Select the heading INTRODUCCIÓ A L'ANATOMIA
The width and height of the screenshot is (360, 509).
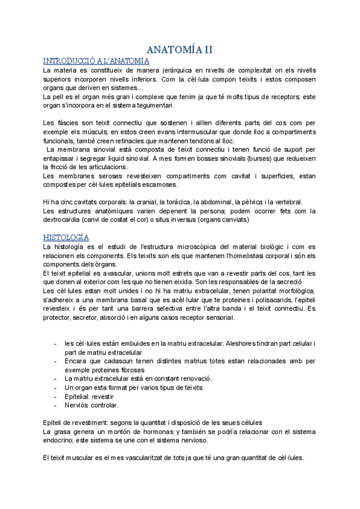point(97,61)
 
